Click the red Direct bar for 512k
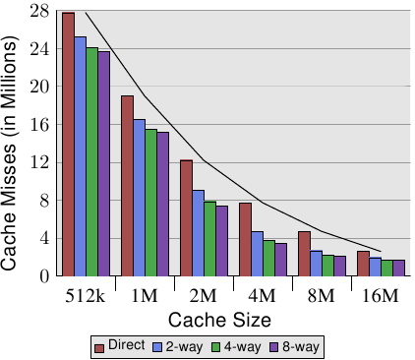click(69, 145)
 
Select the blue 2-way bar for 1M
click(140, 198)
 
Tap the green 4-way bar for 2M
click(210, 239)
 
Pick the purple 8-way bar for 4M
click(281, 260)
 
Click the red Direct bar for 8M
click(305, 254)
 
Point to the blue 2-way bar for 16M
click(376, 267)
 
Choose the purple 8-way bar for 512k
click(104, 163)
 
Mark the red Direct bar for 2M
click(187, 218)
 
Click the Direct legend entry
click(120, 346)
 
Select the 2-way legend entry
click(178, 347)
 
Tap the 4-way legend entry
click(236, 347)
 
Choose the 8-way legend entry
click(294, 347)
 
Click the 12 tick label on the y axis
click(39, 162)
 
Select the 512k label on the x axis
click(86, 296)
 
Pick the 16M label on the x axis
click(381, 296)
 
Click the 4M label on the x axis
click(263, 296)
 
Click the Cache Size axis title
click(219, 320)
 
